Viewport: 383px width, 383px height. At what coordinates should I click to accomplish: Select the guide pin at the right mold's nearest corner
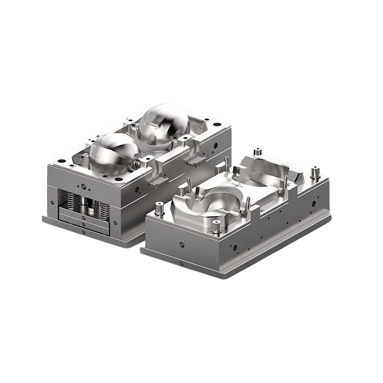pos(216,225)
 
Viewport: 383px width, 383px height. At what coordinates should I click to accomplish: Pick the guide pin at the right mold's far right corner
pos(315,172)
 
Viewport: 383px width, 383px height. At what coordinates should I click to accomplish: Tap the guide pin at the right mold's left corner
pos(160,208)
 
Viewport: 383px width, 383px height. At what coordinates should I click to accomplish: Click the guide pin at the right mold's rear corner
pos(258,152)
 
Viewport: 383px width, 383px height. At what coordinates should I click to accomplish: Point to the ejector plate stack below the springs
pos(84,218)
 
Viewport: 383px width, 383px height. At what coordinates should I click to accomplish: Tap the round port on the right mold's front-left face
pos(182,244)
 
